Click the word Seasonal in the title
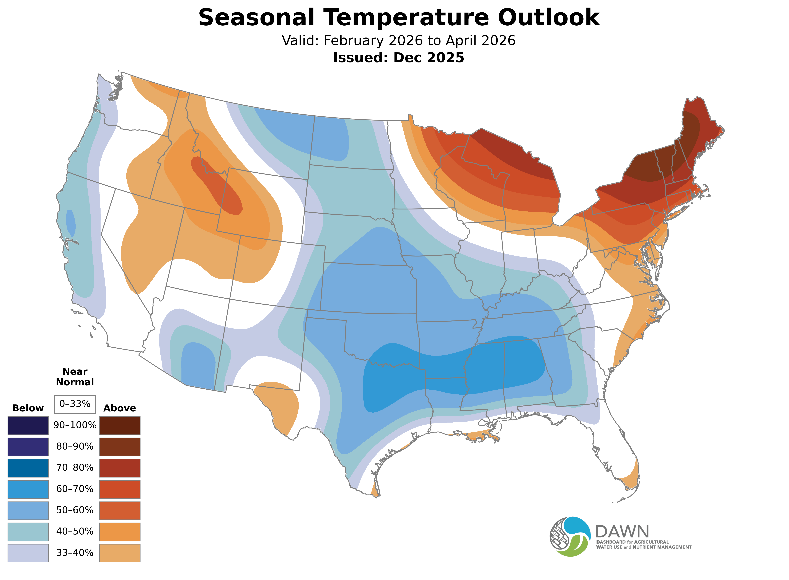click(x=256, y=18)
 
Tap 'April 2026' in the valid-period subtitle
click(x=481, y=41)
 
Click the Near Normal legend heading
click(x=75, y=377)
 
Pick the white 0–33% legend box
click(x=75, y=404)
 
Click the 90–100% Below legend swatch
click(x=28, y=426)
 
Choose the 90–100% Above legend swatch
click(x=120, y=426)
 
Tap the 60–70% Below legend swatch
click(x=28, y=489)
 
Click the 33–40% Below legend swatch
click(x=28, y=553)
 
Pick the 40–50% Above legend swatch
click(x=120, y=532)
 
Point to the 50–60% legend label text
click(x=75, y=510)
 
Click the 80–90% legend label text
click(x=75, y=447)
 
